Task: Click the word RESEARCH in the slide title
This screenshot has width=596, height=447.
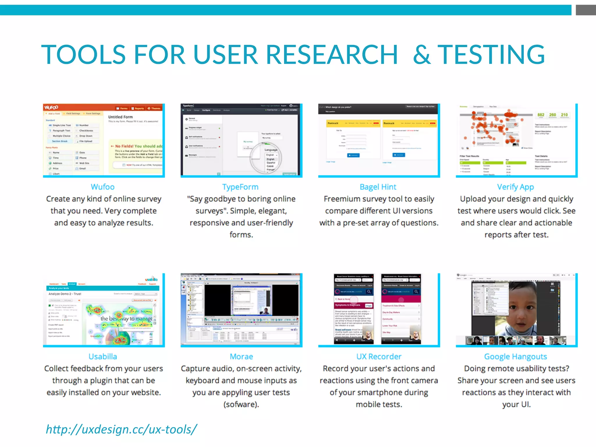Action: point(332,54)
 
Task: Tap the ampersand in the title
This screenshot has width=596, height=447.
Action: point(422,54)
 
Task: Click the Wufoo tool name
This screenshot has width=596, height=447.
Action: point(102,187)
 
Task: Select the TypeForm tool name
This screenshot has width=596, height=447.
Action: point(240,187)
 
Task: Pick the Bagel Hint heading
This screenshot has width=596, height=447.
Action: point(378,187)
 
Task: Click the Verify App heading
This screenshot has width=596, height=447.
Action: point(515,187)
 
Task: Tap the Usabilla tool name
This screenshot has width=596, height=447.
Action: point(103,356)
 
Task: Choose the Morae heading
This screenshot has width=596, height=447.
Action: point(241,356)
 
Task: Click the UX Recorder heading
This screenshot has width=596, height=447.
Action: point(379,356)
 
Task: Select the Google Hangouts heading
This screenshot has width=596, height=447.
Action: point(515,356)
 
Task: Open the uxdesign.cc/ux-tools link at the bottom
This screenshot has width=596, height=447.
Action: point(121,429)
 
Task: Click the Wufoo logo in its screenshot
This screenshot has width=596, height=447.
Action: point(51,107)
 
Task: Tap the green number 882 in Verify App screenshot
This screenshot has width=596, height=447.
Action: point(541,115)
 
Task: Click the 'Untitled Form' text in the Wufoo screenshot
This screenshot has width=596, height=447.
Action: point(120,117)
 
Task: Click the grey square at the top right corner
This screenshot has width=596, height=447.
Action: point(586,10)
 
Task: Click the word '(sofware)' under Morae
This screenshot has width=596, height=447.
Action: point(241,405)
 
